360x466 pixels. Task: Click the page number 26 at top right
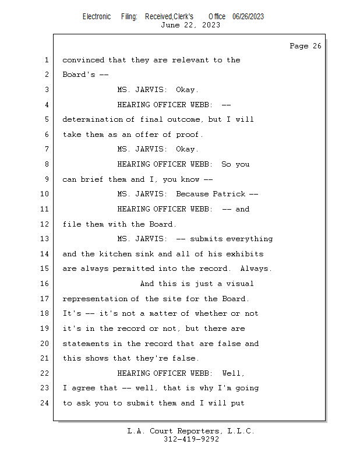(x=317, y=46)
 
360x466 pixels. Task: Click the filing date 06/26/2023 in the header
(x=248, y=17)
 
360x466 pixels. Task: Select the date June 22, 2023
(x=190, y=25)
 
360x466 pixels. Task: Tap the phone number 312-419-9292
(x=191, y=439)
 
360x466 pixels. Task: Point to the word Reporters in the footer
(x=199, y=431)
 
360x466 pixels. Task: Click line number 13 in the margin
(x=44, y=239)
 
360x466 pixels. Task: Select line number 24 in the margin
(x=44, y=403)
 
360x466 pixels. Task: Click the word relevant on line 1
(x=190, y=60)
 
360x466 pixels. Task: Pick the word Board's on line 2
(x=79, y=75)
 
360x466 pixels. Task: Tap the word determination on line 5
(x=93, y=119)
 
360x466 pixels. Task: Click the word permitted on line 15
(x=133, y=269)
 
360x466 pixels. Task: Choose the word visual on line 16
(x=240, y=284)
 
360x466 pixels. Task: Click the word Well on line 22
(x=232, y=373)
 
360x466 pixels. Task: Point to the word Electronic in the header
(x=97, y=17)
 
